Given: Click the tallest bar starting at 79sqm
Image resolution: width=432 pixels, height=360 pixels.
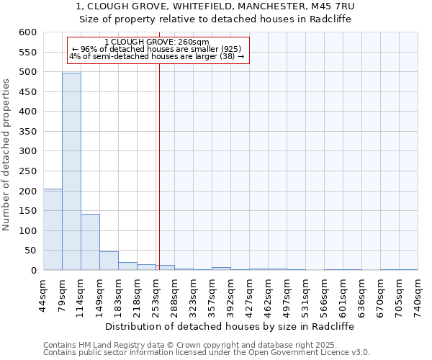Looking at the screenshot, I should [71, 171].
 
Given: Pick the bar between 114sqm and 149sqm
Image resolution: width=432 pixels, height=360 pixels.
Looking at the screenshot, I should [90, 242].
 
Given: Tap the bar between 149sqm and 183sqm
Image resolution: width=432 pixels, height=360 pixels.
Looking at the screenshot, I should [109, 261].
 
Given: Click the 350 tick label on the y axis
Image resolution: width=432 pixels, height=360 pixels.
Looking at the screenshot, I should [27, 132].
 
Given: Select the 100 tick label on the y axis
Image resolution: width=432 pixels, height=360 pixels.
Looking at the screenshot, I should [27, 231].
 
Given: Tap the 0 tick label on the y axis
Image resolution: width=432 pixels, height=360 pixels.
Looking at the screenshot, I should [33, 271].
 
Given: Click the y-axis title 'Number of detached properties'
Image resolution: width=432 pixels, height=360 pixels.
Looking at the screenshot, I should [7, 155].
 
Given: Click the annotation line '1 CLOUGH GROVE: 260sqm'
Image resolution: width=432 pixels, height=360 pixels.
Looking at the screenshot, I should [156, 42].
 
